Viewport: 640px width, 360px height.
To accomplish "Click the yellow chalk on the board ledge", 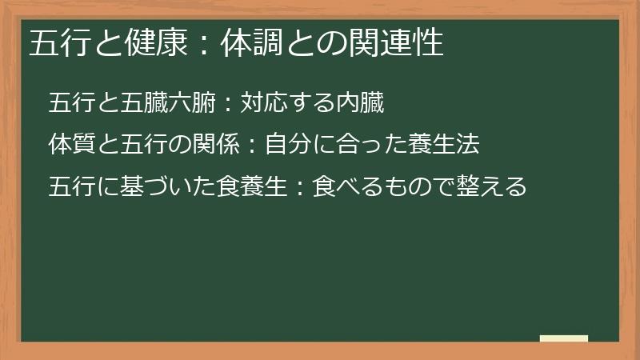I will [563, 338].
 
